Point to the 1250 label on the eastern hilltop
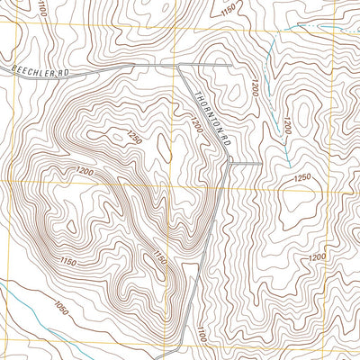pyautogui.click(x=301, y=177)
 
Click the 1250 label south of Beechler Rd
pyautogui.click(x=134, y=137)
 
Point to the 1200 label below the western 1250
pyautogui.click(x=85, y=172)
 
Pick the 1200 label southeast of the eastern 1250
pyautogui.click(x=317, y=257)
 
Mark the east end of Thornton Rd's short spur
pyautogui.click(x=261, y=164)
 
